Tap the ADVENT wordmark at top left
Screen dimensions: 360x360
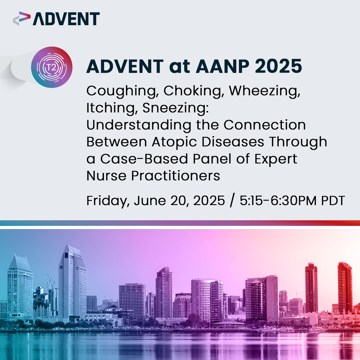pos(66,19)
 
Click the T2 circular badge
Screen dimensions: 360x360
pos(52,67)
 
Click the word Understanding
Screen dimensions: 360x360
pos(139,125)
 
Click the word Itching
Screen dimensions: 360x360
pos(107,108)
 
